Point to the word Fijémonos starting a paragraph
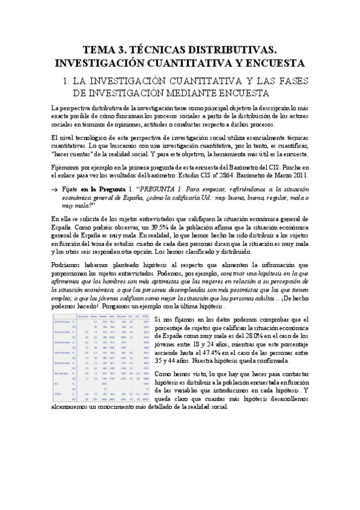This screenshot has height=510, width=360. pyautogui.click(x=67, y=167)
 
